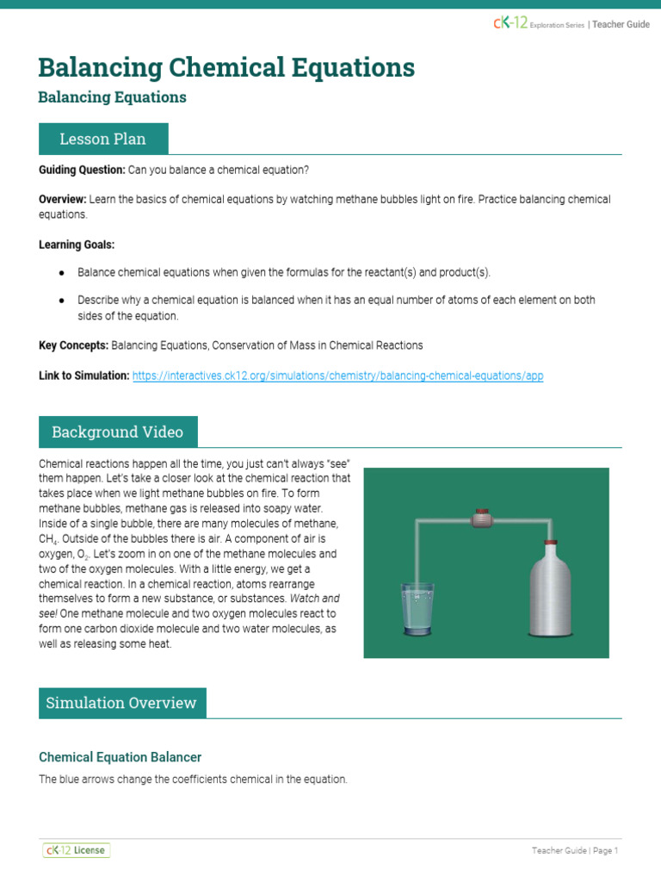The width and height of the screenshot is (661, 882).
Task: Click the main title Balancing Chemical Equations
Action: tap(226, 67)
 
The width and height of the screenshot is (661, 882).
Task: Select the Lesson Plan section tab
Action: tap(102, 139)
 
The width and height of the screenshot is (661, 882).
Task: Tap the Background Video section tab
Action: tap(117, 432)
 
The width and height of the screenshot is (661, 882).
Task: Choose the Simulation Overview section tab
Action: tap(122, 703)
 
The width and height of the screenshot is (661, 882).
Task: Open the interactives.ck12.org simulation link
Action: tap(337, 376)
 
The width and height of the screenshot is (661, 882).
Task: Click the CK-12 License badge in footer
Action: tap(77, 850)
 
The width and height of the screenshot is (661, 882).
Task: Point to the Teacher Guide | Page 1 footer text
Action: tap(575, 851)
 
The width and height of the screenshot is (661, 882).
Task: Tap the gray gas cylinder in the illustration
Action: tap(549, 594)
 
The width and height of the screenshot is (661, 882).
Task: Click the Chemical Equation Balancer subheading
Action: tap(120, 757)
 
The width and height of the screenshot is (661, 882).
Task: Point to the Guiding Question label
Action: tap(82, 170)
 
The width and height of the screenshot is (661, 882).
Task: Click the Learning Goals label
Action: tap(77, 245)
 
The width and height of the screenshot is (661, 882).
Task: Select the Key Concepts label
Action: tap(74, 345)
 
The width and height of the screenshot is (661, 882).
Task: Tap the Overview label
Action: tap(62, 199)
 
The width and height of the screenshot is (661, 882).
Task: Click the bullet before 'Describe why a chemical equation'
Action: tap(62, 301)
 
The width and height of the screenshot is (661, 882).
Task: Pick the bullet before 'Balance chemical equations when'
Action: tap(62, 273)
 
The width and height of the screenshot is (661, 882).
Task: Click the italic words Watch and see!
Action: tap(318, 598)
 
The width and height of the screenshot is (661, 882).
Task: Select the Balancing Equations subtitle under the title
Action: tap(112, 97)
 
